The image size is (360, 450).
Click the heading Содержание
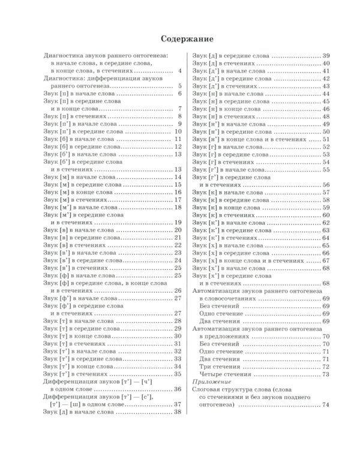point(180,39)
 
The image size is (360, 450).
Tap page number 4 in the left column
point(179,71)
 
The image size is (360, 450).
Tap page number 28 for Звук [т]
point(178,321)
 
